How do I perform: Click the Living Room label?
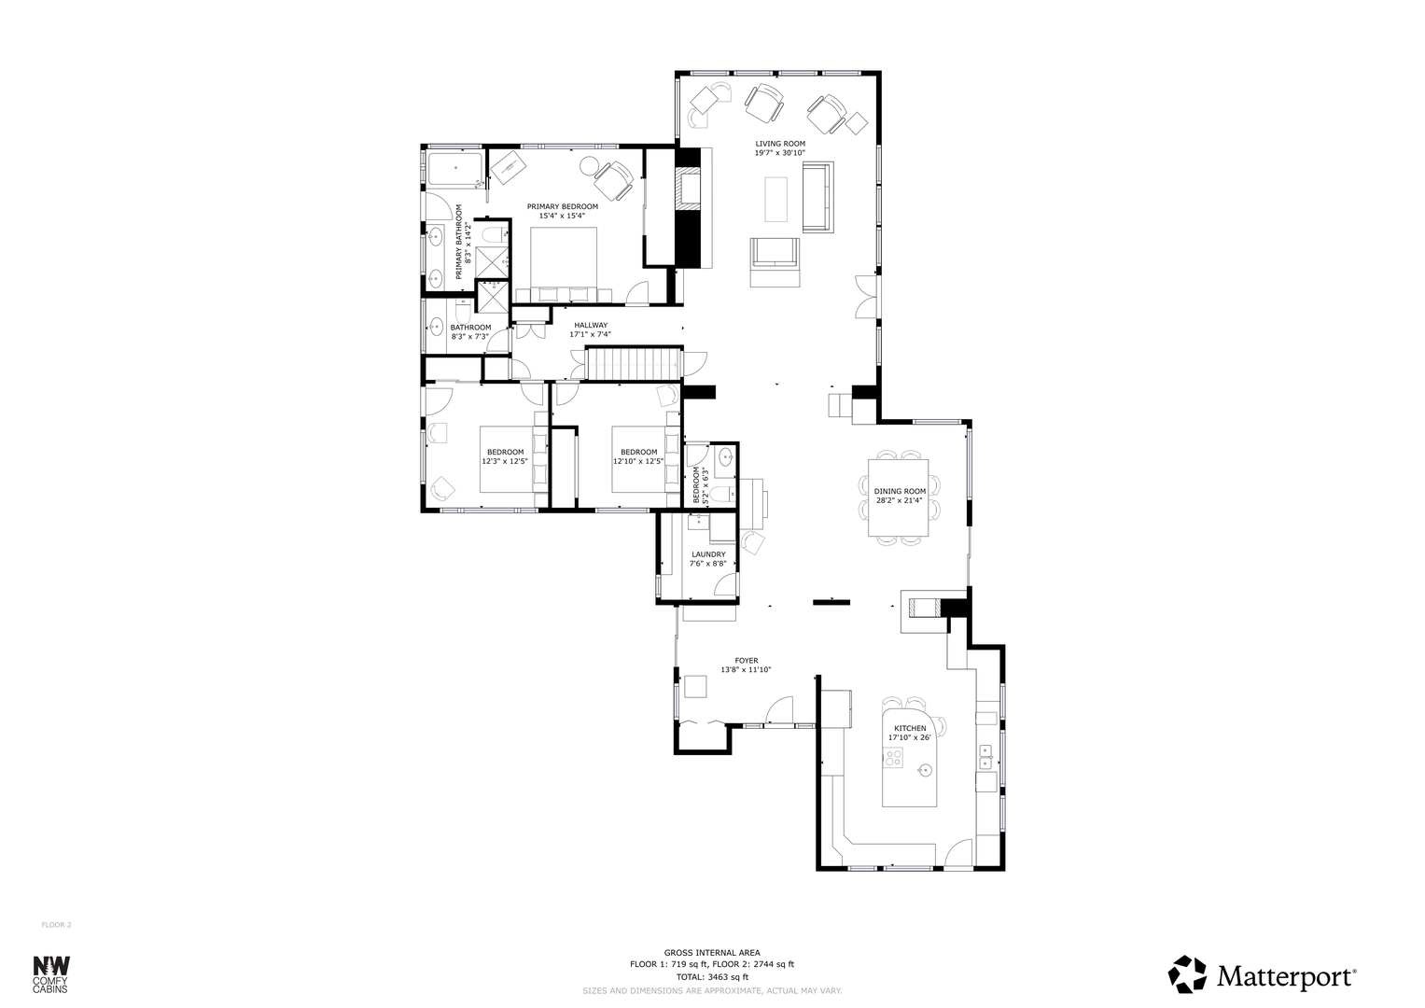click(x=780, y=144)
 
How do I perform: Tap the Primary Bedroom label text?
click(x=563, y=207)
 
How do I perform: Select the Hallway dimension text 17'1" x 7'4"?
click(x=590, y=334)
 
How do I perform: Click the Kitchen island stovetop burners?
click(x=893, y=757)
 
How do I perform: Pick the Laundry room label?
click(x=708, y=554)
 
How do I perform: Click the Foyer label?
click(x=747, y=661)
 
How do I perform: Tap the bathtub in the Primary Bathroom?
click(x=455, y=168)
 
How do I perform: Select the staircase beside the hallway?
click(x=634, y=364)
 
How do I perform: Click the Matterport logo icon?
click(x=1187, y=973)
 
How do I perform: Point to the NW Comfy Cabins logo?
click(x=51, y=974)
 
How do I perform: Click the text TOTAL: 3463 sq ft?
click(x=712, y=977)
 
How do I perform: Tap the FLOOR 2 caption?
click(x=57, y=925)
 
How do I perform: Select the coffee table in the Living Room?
click(x=776, y=199)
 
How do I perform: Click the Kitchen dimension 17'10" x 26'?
click(x=910, y=737)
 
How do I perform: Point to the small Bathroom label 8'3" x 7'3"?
click(x=470, y=332)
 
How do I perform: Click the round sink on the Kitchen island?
click(x=925, y=771)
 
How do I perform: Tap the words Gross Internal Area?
click(x=712, y=953)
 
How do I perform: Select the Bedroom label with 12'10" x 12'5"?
click(x=638, y=457)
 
